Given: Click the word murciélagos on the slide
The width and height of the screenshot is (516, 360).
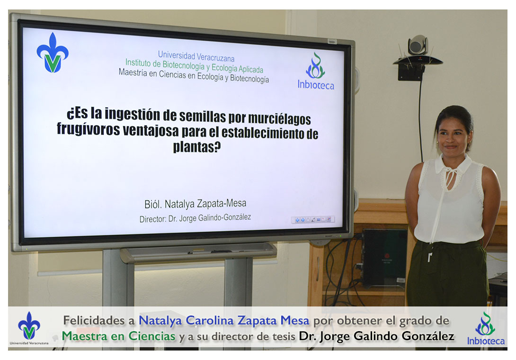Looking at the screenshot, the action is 279,119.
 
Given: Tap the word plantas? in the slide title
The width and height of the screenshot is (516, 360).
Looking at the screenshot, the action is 197,146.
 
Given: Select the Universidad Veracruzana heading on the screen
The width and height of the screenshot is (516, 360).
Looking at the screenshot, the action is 196,56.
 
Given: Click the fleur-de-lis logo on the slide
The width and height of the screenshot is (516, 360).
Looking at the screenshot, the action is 53,53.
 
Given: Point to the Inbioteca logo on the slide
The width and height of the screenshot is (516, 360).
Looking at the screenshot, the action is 316,72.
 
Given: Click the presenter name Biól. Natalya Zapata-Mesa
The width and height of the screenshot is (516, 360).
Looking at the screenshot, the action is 195,204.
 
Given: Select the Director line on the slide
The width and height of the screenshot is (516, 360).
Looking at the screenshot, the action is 195,218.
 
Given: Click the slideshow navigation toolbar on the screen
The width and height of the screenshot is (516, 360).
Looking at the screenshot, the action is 312,220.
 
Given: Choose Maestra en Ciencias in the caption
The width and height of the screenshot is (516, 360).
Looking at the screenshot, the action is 118,336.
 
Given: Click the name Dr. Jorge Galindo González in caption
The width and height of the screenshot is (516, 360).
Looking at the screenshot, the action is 376,336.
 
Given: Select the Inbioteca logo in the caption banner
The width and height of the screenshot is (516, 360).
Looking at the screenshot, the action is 486,329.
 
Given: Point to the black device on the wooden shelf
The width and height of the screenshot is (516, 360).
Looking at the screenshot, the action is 384,257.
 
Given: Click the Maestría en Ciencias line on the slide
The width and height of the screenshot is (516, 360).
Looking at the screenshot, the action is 194,76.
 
